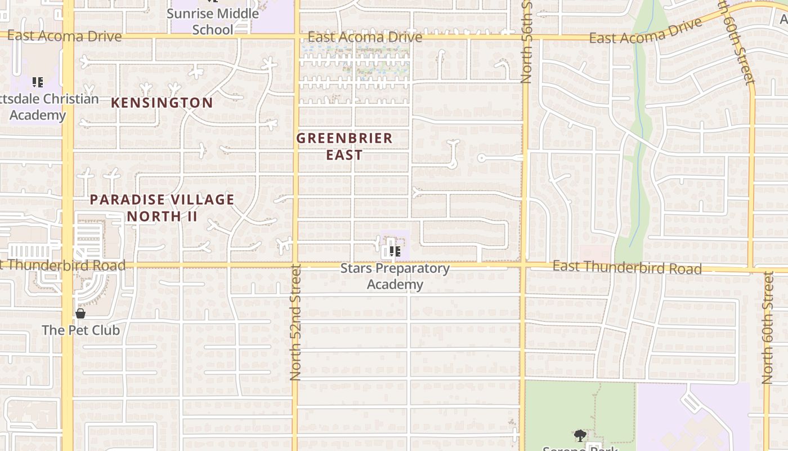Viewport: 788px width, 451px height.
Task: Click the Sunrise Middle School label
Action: coord(213,21)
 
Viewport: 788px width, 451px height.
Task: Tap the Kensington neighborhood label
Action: coord(162,103)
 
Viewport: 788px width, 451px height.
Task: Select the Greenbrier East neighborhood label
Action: coord(344,146)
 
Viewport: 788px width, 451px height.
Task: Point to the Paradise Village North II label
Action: coord(162,207)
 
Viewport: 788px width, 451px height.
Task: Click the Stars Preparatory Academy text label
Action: coord(395,276)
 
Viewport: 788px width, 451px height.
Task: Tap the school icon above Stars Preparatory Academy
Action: coord(395,251)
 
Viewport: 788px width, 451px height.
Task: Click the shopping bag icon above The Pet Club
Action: coord(80,313)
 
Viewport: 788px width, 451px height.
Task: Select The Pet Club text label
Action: coord(81,330)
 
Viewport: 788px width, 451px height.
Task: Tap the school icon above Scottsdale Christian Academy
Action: coord(38,82)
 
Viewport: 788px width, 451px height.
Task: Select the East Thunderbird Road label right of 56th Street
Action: coord(626,267)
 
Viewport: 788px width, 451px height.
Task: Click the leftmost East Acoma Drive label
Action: coord(65,36)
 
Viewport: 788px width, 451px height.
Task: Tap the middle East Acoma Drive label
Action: coord(365,37)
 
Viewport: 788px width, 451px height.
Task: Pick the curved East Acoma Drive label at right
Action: coord(646,31)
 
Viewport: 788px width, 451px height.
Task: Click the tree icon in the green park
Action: coord(580,435)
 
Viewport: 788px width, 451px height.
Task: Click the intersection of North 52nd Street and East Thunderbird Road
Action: coord(295,264)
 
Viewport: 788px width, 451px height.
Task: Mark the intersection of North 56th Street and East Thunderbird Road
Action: coord(523,264)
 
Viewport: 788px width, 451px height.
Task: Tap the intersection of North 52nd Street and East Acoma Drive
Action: coord(295,37)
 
